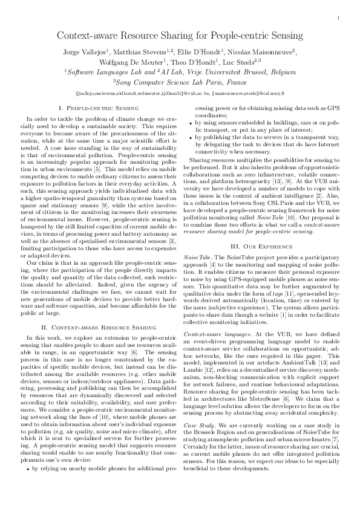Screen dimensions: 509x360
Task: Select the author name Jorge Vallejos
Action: click(x=83, y=53)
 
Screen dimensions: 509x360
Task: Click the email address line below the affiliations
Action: click(x=180, y=94)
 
